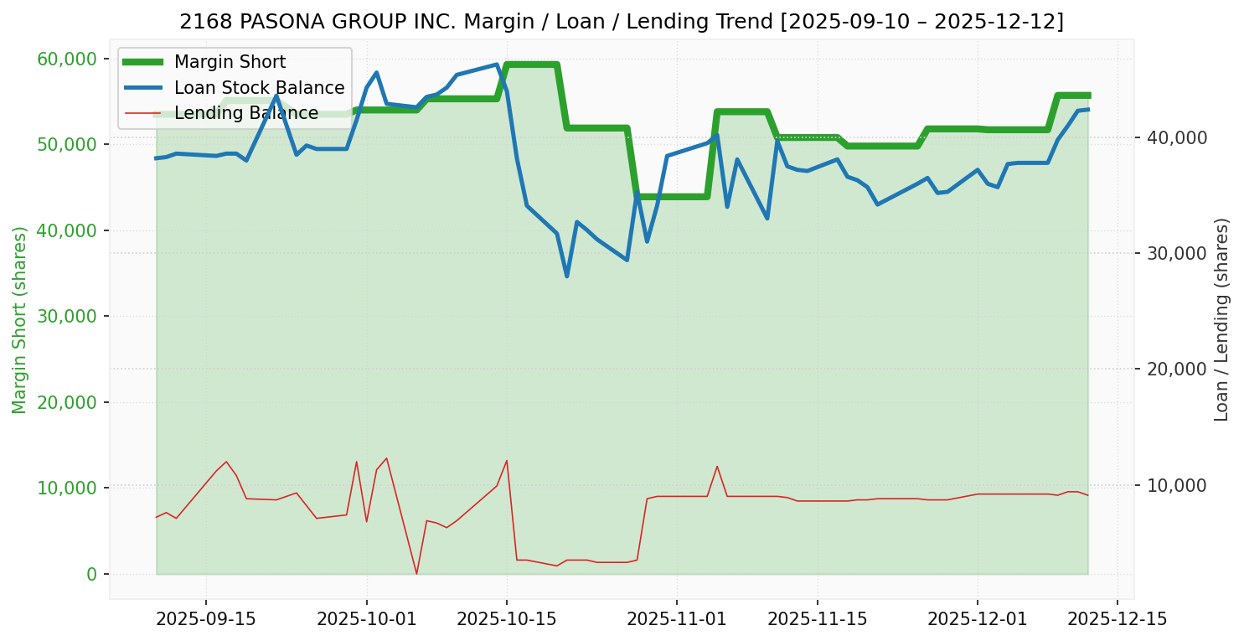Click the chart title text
coord(622,21)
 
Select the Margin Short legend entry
coord(230,62)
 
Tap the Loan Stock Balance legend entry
coord(259,88)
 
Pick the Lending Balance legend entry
coord(245,113)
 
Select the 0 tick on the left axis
coord(91,574)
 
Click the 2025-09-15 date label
coord(206,619)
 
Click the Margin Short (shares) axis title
coord(20,319)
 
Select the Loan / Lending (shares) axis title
coord(1221,319)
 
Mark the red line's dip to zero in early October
coord(416,574)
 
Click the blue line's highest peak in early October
coord(376,72)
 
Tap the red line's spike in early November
coord(717,466)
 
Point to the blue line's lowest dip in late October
coord(567,276)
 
